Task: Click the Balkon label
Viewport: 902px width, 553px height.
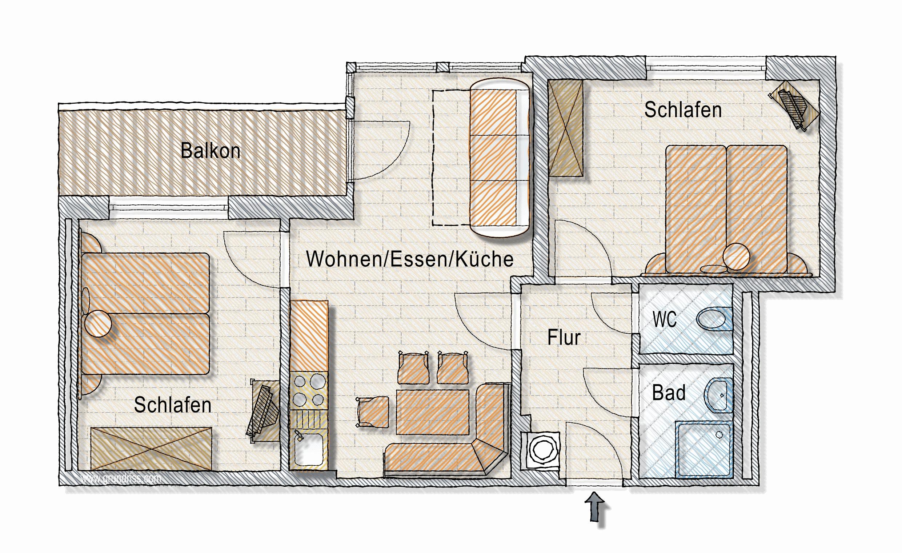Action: (x=211, y=151)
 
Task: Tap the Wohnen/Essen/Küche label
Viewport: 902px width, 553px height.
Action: (x=410, y=259)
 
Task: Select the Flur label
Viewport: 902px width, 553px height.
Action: (x=564, y=338)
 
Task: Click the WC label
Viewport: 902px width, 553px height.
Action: (x=665, y=320)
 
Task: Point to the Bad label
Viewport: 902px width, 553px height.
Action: (x=669, y=393)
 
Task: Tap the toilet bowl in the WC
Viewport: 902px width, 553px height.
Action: (x=714, y=319)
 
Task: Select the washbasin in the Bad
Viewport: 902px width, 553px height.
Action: (x=718, y=395)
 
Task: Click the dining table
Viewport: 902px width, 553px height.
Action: (x=432, y=412)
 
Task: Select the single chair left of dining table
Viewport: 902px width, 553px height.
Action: (x=373, y=412)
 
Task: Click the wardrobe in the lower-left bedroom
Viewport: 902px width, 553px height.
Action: (x=151, y=448)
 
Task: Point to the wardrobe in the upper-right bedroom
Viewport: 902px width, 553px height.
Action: (x=565, y=128)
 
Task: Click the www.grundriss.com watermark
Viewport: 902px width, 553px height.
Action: (x=120, y=478)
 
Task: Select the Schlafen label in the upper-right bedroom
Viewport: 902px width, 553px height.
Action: (x=683, y=110)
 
